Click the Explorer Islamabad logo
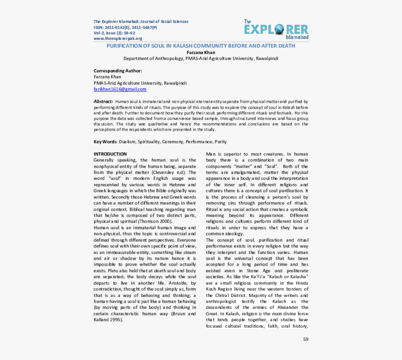point(276,29)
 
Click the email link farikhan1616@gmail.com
point(120,89)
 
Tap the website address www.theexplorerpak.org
point(118,38)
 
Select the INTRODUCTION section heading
point(110,154)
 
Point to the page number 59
point(306,339)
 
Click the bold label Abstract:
point(103,101)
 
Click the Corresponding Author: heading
point(117,71)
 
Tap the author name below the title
point(201,52)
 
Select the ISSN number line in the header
point(125,27)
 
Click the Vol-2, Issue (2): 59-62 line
point(114,33)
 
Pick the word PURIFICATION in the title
point(124,46)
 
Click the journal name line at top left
point(141,21)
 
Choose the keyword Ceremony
point(172,141)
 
